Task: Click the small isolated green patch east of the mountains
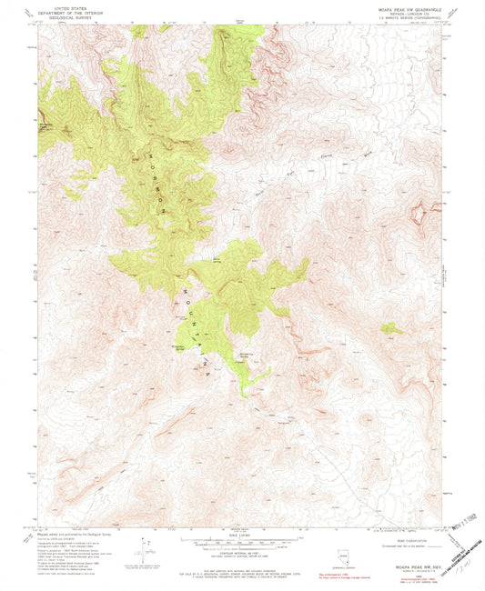tap(391, 327)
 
